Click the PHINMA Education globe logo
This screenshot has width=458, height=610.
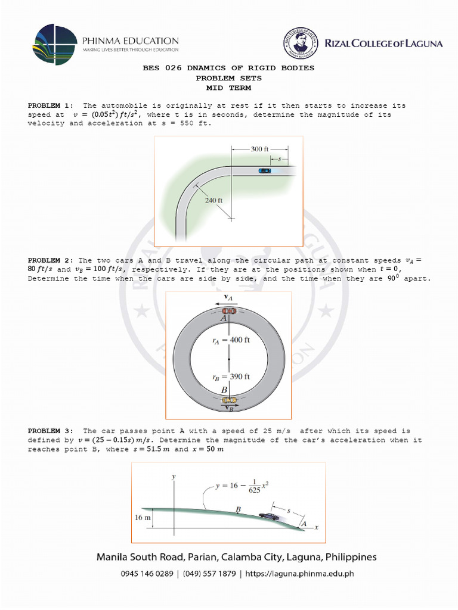pos(55,45)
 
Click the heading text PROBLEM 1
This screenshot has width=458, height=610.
pos(50,105)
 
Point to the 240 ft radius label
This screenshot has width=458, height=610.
pos(213,201)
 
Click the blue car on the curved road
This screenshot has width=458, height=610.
pos(265,171)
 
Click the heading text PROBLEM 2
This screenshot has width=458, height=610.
pos(50,260)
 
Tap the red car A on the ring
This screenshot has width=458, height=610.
pos(229,311)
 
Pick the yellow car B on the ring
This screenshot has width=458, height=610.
pos(229,400)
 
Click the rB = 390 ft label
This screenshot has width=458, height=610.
pos(231,376)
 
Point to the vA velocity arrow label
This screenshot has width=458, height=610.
pos(228,297)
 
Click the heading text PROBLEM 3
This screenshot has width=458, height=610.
pos(50,431)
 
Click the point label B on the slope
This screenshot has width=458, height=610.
pos(238,510)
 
